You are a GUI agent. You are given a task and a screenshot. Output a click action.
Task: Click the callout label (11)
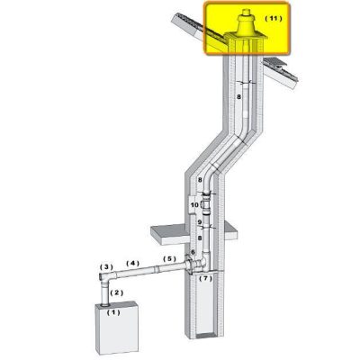coord(274,19)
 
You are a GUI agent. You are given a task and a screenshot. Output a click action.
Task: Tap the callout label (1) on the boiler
coord(113,312)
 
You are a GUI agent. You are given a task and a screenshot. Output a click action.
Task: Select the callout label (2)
coord(117,292)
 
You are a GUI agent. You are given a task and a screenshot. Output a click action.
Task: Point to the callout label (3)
coord(106,266)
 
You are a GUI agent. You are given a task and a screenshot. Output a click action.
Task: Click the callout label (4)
coord(132,264)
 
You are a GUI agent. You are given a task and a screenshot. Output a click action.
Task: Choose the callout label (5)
coord(169,258)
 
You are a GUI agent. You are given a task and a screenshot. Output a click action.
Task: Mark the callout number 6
coord(193,252)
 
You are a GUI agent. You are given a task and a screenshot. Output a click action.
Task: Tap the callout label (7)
coord(206,278)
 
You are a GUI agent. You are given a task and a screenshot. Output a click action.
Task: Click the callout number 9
coord(199,222)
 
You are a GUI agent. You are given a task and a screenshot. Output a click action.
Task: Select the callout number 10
coord(194,205)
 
